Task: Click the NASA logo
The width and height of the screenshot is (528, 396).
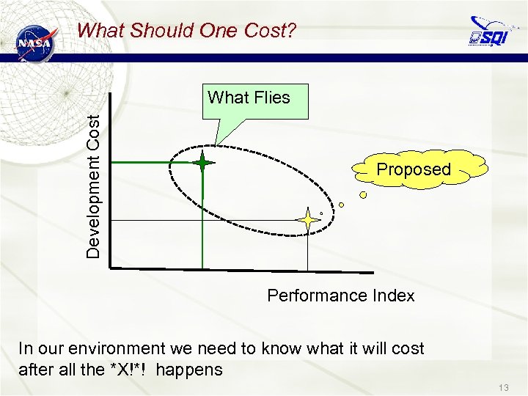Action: tap(35, 43)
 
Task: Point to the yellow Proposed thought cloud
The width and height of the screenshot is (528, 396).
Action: tap(414, 170)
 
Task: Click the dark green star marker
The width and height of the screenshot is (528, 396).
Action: tap(202, 163)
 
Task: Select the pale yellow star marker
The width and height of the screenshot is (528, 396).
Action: tap(307, 219)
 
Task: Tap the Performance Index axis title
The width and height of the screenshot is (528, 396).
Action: tap(341, 296)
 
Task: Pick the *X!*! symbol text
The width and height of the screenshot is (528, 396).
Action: tap(128, 370)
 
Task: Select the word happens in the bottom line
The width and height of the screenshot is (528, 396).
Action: tap(189, 370)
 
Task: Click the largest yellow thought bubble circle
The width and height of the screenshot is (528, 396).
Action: tap(364, 195)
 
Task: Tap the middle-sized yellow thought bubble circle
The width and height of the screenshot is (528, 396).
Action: tap(341, 205)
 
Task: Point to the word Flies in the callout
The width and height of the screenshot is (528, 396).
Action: tap(271, 98)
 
